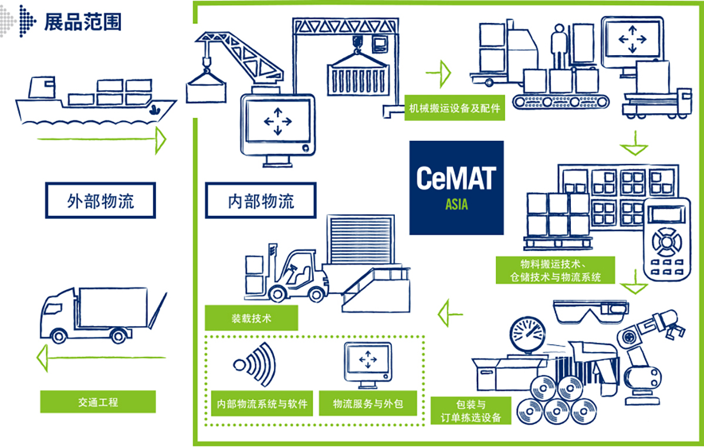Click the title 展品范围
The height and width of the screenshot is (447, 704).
pyautogui.click(x=83, y=22)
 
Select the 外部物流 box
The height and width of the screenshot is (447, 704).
pyautogui.click(x=100, y=200)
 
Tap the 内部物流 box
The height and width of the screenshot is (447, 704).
pyautogui.click(x=261, y=200)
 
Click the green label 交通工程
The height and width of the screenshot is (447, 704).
pyautogui.click(x=98, y=402)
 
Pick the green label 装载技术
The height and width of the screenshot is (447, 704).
pyautogui.click(x=252, y=318)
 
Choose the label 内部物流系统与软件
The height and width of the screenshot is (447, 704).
pyautogui.click(x=262, y=404)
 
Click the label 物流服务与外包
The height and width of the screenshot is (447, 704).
pyautogui.click(x=368, y=404)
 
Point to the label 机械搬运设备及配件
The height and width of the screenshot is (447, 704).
pyautogui.click(x=455, y=108)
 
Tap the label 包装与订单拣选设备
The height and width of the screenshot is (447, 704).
pyautogui.click(x=471, y=411)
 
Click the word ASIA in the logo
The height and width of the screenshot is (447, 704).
pyautogui.click(x=456, y=204)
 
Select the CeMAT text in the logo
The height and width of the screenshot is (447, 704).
pyautogui.click(x=456, y=178)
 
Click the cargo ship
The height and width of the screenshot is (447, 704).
pyautogui.click(x=96, y=100)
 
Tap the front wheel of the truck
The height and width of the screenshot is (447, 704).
pyautogui.click(x=59, y=336)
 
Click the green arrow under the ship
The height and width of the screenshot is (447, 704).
pyautogui.click(x=101, y=140)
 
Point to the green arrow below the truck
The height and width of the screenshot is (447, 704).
pyautogui.click(x=101, y=358)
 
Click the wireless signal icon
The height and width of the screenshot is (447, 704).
pyautogui.click(x=255, y=365)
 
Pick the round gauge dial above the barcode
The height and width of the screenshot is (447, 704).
pyautogui.click(x=527, y=334)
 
